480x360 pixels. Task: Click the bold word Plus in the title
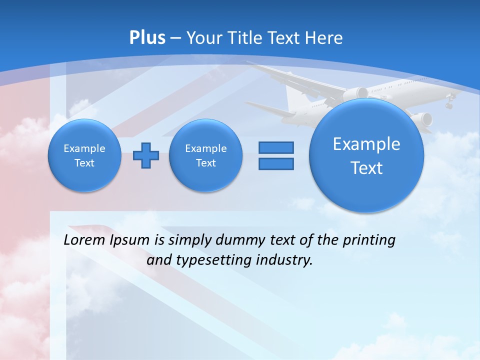147,38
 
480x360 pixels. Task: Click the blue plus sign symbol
146,155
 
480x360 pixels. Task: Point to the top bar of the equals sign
276,147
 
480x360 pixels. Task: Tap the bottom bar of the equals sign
276,163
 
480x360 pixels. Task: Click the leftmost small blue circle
84,155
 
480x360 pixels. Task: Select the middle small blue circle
205,155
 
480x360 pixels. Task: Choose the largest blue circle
366,155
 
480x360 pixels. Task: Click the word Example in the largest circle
366,144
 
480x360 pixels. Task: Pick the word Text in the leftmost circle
84,163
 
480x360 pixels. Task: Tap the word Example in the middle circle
205,148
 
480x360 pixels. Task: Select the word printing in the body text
369,240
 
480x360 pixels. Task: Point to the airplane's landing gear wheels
449,105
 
